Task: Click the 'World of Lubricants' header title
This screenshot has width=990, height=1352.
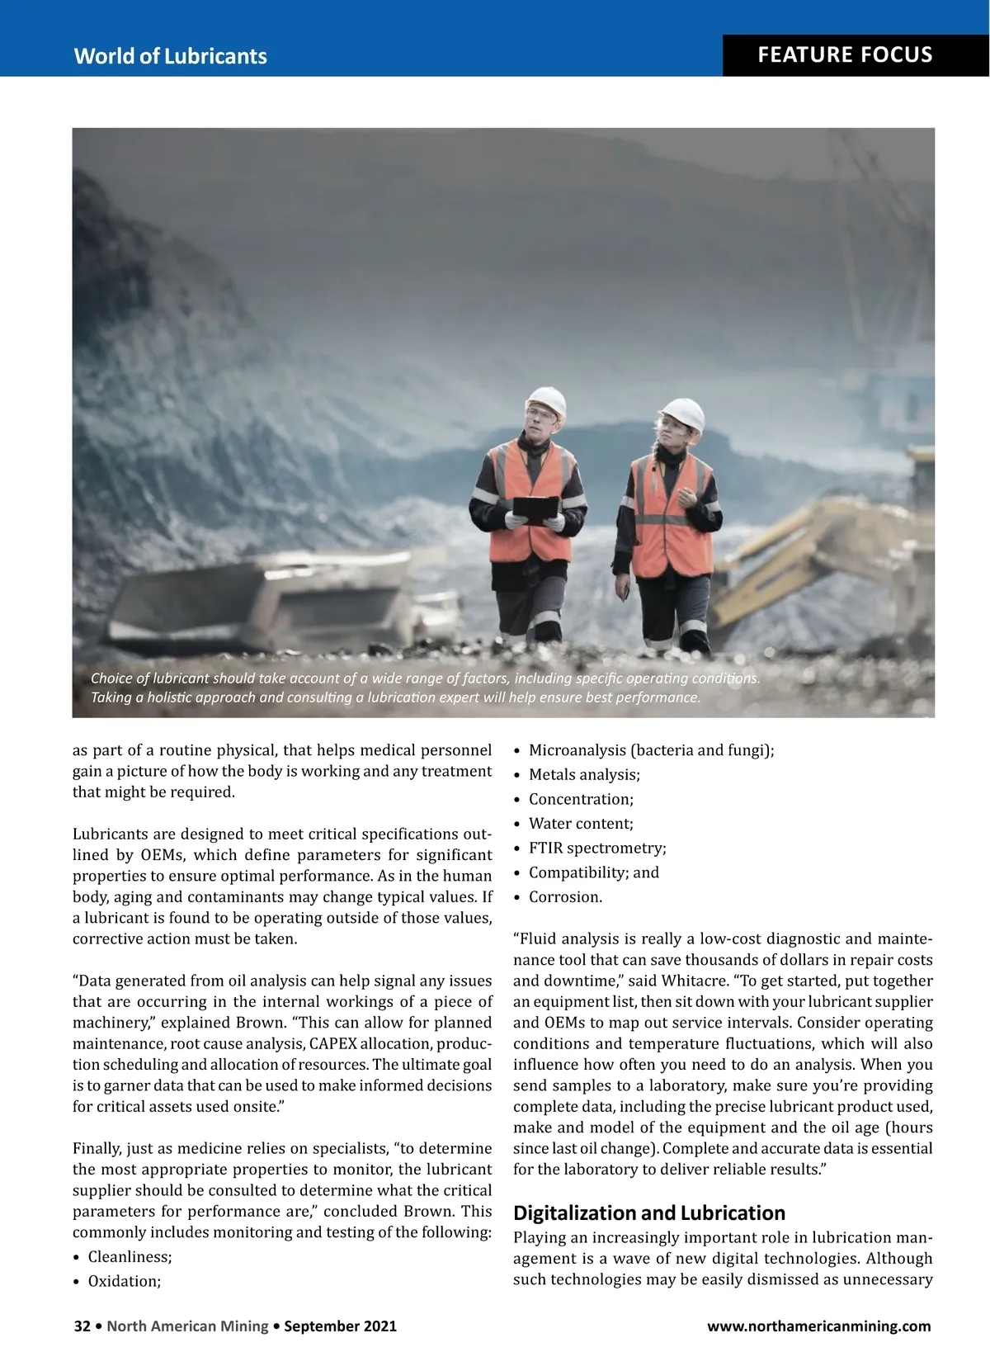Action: (170, 56)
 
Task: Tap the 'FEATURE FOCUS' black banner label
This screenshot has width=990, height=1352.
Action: (845, 55)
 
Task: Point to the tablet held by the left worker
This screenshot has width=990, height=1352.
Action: (535, 509)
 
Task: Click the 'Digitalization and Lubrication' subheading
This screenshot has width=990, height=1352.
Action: (648, 1213)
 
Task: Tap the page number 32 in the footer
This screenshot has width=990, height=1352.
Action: (82, 1326)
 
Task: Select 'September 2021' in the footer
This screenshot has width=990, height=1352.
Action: (340, 1326)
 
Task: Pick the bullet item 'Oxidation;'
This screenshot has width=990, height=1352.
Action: (125, 1281)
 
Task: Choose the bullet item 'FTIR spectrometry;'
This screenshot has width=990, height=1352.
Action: (596, 848)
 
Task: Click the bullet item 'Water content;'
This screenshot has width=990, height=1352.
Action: (581, 823)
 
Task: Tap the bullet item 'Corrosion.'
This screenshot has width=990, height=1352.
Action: (565, 896)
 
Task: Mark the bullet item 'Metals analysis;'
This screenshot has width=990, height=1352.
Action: (584, 774)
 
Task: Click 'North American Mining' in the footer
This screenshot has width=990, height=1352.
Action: (187, 1326)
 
